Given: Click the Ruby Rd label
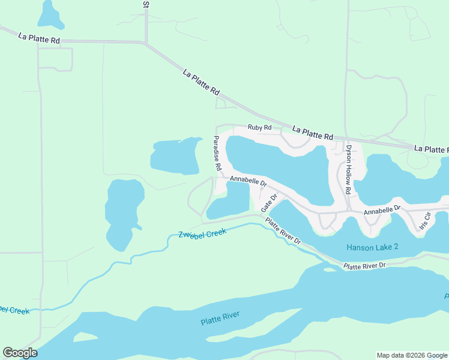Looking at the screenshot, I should (x=259, y=128).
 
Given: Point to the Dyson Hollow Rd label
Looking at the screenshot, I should (x=347, y=169).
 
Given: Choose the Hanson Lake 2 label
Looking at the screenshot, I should (x=372, y=247).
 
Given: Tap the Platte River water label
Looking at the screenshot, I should (x=220, y=318).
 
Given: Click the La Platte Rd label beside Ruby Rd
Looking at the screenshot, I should (x=312, y=133).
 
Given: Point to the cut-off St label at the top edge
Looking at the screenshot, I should (x=145, y=4).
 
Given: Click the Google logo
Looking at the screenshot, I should (x=20, y=353).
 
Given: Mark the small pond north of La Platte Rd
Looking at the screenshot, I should (x=50, y=14).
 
